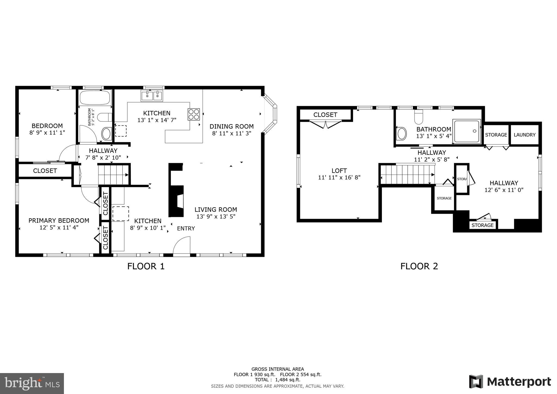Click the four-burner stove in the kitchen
[193, 114]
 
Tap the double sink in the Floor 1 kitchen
[152, 96]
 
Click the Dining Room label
[231, 126]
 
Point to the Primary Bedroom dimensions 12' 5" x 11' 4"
[59, 227]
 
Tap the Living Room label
[216, 210]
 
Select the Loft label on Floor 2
[339, 171]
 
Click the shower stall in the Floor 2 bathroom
[467, 131]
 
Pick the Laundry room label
[524, 135]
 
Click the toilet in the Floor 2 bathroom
[419, 117]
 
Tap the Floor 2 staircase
[407, 175]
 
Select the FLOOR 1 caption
[146, 266]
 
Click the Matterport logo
[510, 381]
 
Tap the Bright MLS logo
[32, 383]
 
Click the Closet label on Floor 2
[325, 115]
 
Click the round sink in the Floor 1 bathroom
[106, 134]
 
